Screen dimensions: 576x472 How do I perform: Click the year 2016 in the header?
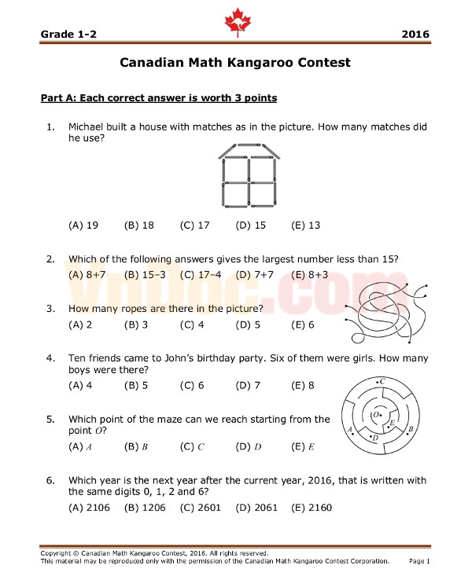pyautogui.click(x=415, y=35)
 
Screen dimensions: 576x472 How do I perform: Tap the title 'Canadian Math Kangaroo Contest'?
pyautogui.click(x=235, y=62)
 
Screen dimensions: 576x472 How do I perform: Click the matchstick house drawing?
pyautogui.click(x=249, y=175)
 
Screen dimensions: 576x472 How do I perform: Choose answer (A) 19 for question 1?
pyautogui.click(x=83, y=226)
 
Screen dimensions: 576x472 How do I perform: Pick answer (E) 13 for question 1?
pyautogui.click(x=305, y=226)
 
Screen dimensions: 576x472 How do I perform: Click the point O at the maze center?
pyautogui.click(x=377, y=413)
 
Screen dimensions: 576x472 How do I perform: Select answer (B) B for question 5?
pyautogui.click(x=136, y=446)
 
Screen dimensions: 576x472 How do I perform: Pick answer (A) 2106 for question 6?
pyautogui.click(x=88, y=507)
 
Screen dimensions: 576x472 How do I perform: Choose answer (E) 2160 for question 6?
pyautogui.click(x=312, y=507)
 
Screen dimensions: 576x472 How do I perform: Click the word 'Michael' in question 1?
pyautogui.click(x=89, y=127)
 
